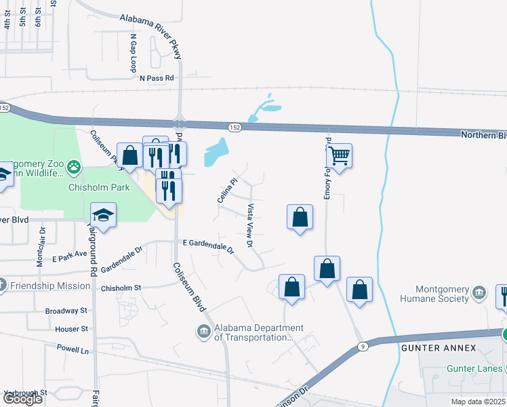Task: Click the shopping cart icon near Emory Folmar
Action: (x=339, y=156)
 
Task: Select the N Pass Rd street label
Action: (x=157, y=79)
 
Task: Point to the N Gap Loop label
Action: (x=134, y=54)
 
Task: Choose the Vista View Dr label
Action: (x=250, y=225)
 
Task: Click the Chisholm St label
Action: (x=121, y=288)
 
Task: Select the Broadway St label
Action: (x=66, y=311)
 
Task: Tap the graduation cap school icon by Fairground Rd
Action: (x=103, y=215)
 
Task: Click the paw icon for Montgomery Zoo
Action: (x=73, y=166)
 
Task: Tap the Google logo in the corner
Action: (x=22, y=399)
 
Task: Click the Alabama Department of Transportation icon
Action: (x=203, y=332)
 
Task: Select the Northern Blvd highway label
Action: (x=483, y=134)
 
